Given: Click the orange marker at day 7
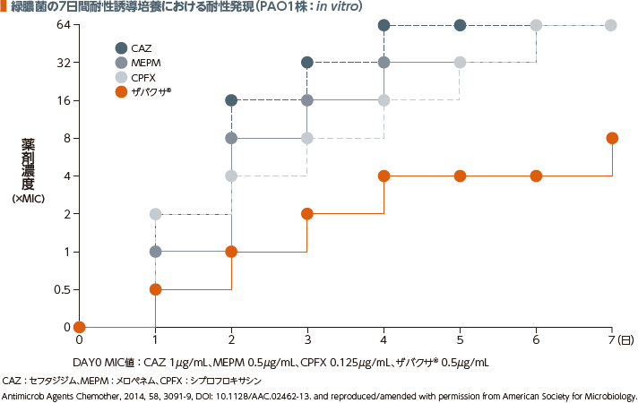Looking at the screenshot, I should tap(612, 138).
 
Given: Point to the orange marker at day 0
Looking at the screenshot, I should tap(79, 327).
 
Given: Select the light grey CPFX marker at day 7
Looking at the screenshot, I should tap(611, 25).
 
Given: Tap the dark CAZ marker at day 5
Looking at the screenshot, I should tap(460, 25).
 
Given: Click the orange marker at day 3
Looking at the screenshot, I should tap(307, 214).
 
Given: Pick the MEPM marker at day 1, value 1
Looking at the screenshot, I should tap(155, 252).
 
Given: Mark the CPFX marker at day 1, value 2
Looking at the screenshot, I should tap(155, 214).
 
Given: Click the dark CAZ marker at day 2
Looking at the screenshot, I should tap(231, 100).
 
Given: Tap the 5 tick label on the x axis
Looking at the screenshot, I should tap(460, 341).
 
